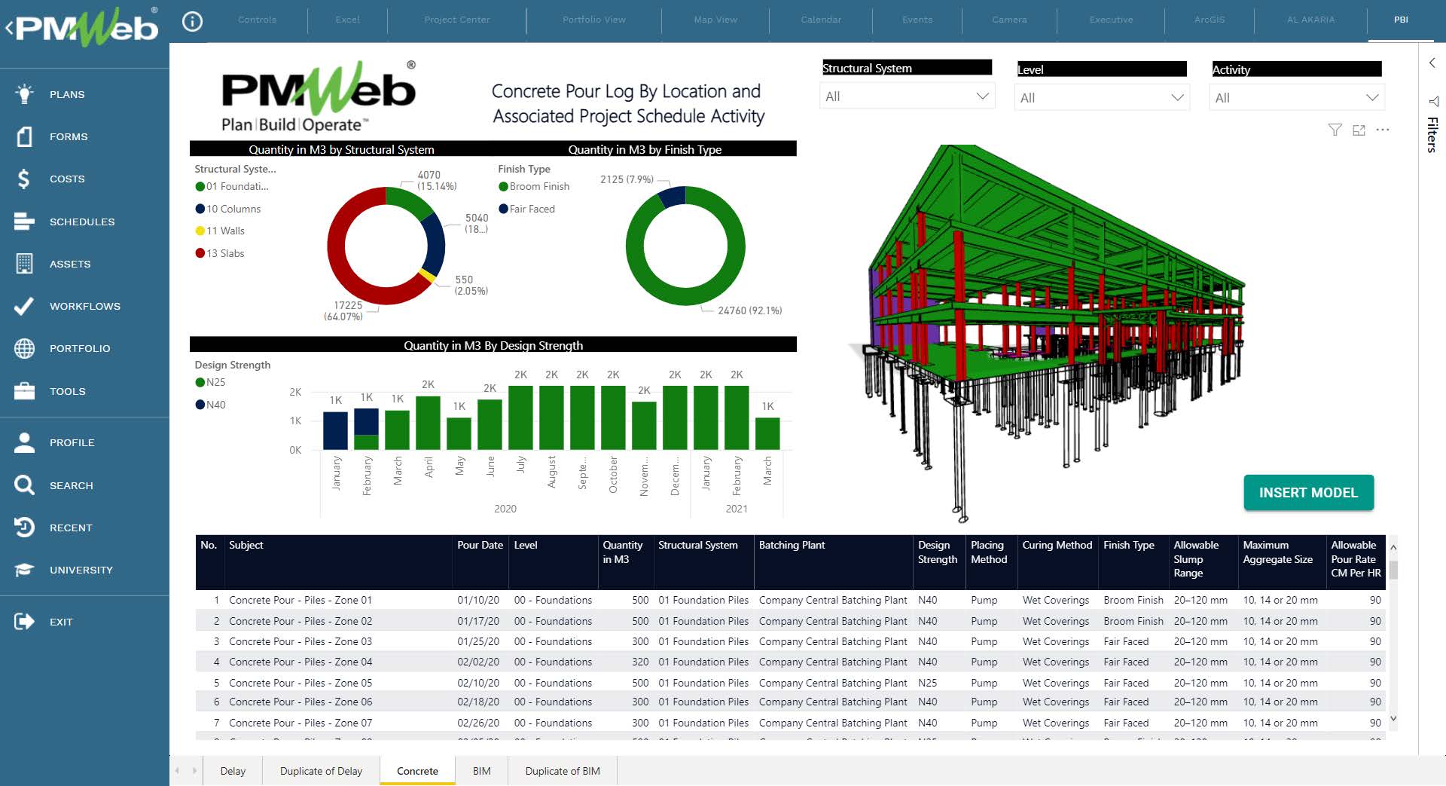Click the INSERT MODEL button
[x=1308, y=493]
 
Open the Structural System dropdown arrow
[x=982, y=96]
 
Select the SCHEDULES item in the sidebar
[x=82, y=222]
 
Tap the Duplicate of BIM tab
[x=562, y=771]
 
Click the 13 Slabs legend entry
[x=225, y=253]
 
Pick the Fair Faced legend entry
[x=532, y=209]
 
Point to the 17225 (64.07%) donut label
[x=343, y=310]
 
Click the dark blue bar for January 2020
[x=335, y=431]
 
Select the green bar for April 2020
[x=428, y=424]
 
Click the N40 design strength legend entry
[x=215, y=405]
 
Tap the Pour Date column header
[x=480, y=545]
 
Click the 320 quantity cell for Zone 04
[x=640, y=662]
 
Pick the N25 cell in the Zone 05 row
[x=927, y=683]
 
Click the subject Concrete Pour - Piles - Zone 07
[x=300, y=723]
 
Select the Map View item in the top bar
[x=715, y=20]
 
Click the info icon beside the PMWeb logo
[x=193, y=22]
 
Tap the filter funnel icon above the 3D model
[x=1335, y=130]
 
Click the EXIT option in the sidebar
[x=60, y=622]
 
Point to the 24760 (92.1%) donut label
[x=749, y=310]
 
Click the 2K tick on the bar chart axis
[x=295, y=392]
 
